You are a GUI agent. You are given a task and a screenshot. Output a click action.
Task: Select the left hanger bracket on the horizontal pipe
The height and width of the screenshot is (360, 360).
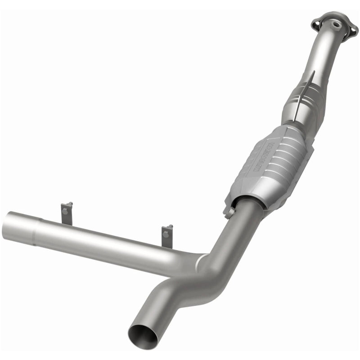[67, 213]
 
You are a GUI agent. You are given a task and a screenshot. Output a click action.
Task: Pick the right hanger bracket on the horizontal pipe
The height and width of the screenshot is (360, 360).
[167, 236]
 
